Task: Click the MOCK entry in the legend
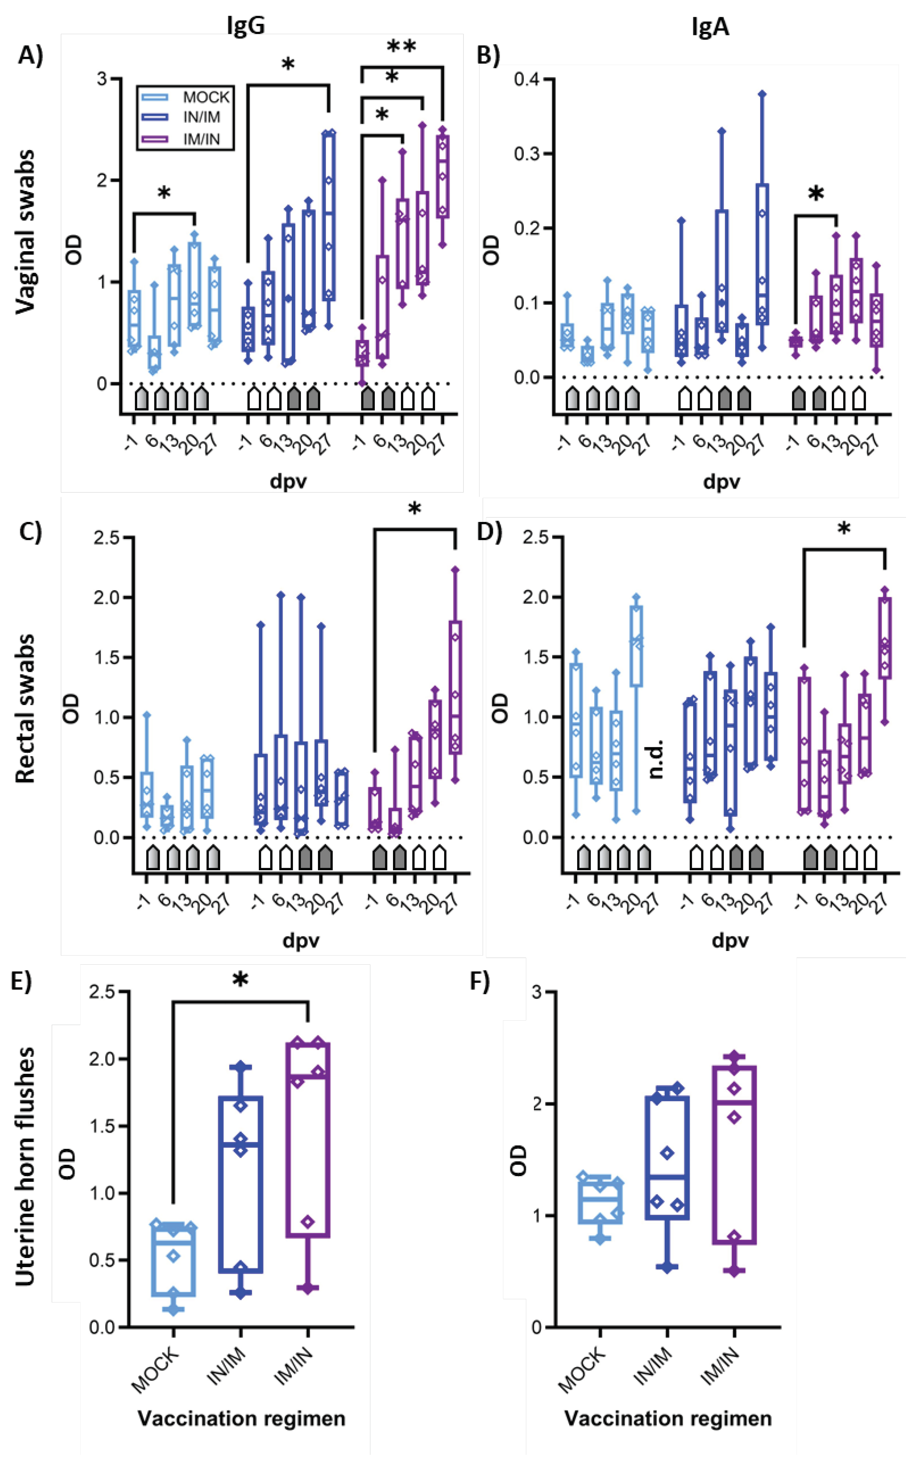tap(206, 97)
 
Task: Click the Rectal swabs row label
tap(25, 709)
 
